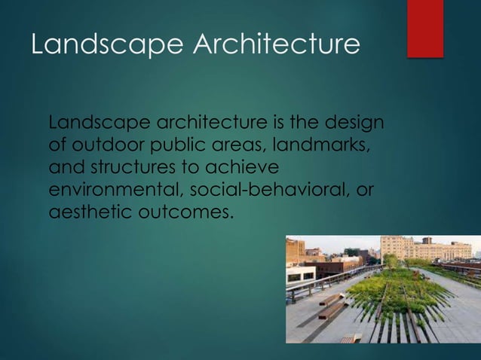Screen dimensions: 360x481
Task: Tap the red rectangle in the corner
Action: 425,28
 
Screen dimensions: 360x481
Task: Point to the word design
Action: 356,122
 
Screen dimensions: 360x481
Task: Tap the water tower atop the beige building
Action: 427,240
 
